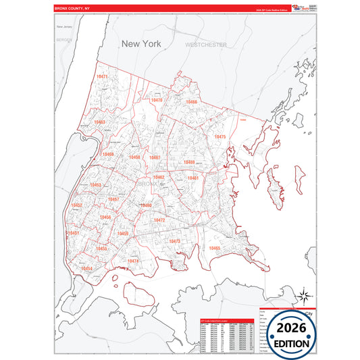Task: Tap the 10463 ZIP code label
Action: point(99,122)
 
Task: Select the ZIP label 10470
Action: point(156,100)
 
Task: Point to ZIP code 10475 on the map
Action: point(220,136)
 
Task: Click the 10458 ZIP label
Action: point(135,157)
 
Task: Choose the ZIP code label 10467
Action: point(155,157)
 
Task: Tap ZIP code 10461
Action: point(193,178)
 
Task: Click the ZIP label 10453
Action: point(96,185)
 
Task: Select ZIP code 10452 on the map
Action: point(77,205)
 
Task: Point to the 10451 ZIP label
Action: point(74,233)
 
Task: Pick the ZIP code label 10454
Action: point(86,268)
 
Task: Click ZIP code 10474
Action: point(133,261)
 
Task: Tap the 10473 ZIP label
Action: point(174,241)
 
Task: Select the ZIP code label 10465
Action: point(215,249)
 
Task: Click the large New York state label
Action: point(143,43)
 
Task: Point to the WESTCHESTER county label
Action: point(206,44)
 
